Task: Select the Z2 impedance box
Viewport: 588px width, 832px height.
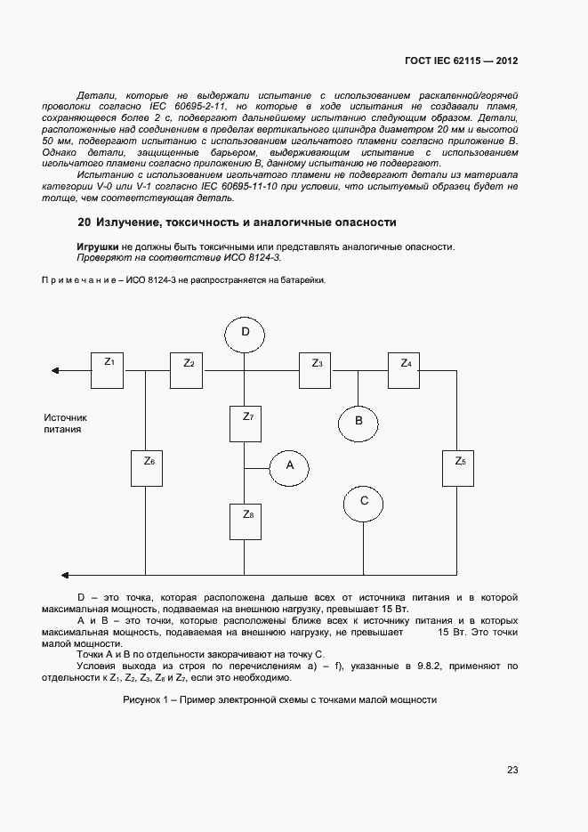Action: point(188,370)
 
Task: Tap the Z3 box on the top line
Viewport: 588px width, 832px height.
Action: point(316,370)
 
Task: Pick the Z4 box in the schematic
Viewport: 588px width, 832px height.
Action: point(406,370)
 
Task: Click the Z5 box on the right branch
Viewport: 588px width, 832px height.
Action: point(460,468)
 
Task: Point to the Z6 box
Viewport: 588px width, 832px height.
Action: point(148,468)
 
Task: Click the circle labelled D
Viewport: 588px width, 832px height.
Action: point(246,334)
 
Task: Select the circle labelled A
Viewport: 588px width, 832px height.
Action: point(288,465)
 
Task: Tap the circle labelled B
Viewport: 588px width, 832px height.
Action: point(358,420)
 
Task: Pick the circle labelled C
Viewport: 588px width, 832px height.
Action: point(364,502)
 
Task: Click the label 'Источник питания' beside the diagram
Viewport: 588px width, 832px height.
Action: point(66,423)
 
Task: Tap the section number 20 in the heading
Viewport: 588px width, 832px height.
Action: point(84,222)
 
